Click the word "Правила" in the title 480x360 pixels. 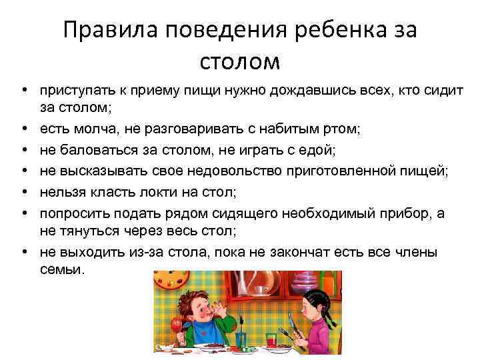[111, 31]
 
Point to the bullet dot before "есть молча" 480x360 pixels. [23, 125]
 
